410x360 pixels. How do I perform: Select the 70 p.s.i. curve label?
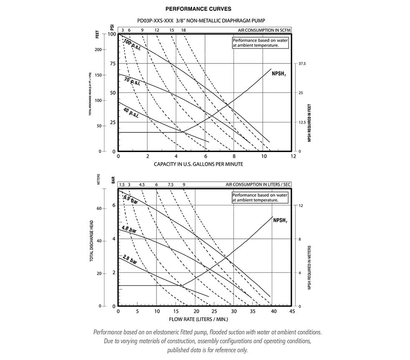(x=132, y=81)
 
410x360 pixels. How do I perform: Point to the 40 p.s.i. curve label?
(x=131, y=112)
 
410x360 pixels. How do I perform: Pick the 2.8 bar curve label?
(x=130, y=259)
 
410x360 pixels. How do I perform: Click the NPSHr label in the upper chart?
(x=277, y=73)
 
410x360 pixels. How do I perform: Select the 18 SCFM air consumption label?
(x=184, y=30)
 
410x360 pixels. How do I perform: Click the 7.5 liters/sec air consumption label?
(x=170, y=185)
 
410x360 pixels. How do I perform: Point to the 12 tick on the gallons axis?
(x=293, y=156)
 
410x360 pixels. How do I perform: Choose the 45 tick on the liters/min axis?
(x=291, y=311)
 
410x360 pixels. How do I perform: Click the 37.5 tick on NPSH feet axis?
(x=302, y=64)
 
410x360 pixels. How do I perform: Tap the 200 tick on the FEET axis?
(x=99, y=50)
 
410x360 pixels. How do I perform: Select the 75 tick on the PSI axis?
(x=112, y=63)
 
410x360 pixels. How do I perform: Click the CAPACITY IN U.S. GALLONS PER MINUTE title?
(x=198, y=164)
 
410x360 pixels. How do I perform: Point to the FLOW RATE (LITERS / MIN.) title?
(x=199, y=319)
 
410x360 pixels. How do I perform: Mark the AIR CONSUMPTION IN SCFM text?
(x=264, y=30)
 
